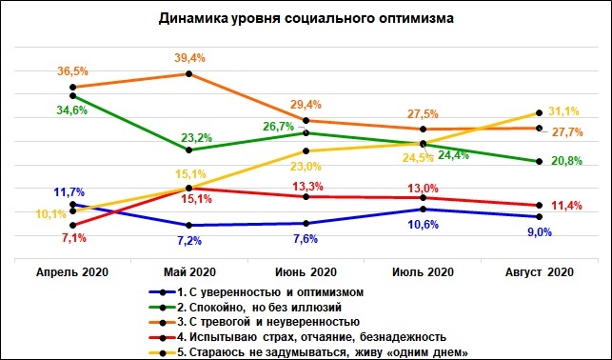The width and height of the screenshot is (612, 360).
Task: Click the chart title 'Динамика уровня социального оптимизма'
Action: point(306,18)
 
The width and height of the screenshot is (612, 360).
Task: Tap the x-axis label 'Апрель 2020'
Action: point(72,271)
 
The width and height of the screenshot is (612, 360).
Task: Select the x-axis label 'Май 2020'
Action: point(189,271)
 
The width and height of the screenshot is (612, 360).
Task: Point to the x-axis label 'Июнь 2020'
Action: point(306,271)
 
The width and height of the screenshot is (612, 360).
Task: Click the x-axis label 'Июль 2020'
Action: point(423,271)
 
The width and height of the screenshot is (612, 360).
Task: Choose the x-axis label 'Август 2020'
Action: point(539,271)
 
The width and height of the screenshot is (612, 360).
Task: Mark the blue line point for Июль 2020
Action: point(423,209)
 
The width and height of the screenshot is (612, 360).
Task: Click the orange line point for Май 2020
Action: point(189,73)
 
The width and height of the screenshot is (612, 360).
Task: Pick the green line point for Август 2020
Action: point(540,161)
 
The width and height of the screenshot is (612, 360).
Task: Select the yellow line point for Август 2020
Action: point(540,113)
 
